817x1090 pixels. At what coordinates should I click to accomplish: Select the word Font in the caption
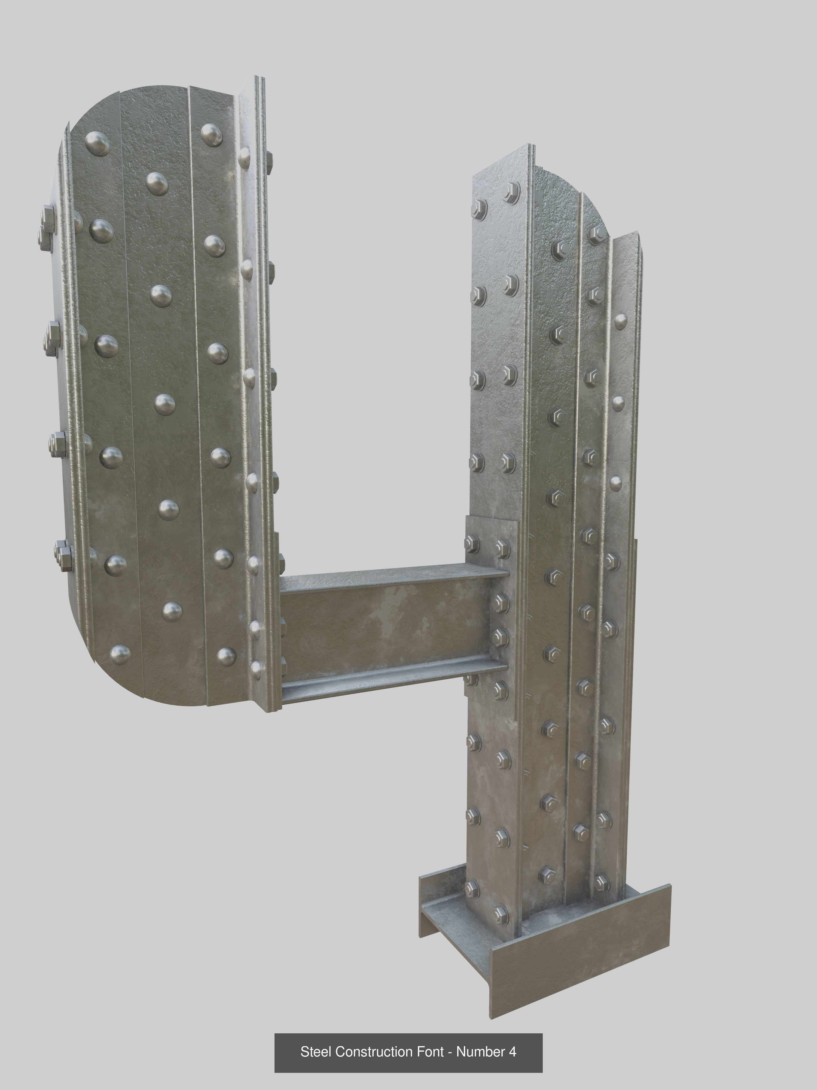point(431,1052)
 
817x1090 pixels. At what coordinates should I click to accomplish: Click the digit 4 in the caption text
point(512,1052)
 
